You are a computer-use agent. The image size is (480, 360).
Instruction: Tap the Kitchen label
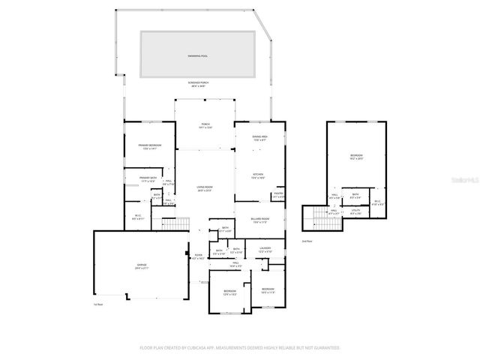pos(258,177)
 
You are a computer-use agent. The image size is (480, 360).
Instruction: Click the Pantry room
pos(278,196)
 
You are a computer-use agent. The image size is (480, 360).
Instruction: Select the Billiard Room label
pos(260,220)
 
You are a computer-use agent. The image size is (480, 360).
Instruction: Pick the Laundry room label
pos(265,250)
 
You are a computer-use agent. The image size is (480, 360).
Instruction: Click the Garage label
pos(141,267)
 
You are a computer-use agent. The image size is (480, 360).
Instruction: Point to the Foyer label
pos(198,257)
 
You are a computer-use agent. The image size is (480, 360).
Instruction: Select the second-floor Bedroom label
pos(355,157)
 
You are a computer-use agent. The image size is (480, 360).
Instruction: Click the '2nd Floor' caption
pos(305,241)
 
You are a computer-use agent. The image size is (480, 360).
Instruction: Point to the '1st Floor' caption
pos(97,304)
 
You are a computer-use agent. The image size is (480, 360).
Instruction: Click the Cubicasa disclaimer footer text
pos(240,348)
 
